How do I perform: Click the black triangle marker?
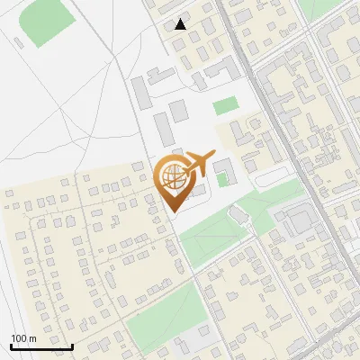click(181, 24)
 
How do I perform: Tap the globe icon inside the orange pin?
click(172, 175)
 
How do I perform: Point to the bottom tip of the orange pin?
click(173, 211)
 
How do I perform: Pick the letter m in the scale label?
click(33, 338)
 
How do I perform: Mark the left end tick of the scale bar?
click(10, 345)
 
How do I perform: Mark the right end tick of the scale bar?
click(73, 345)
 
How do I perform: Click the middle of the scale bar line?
click(41, 347)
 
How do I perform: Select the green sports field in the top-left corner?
click(46, 23)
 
